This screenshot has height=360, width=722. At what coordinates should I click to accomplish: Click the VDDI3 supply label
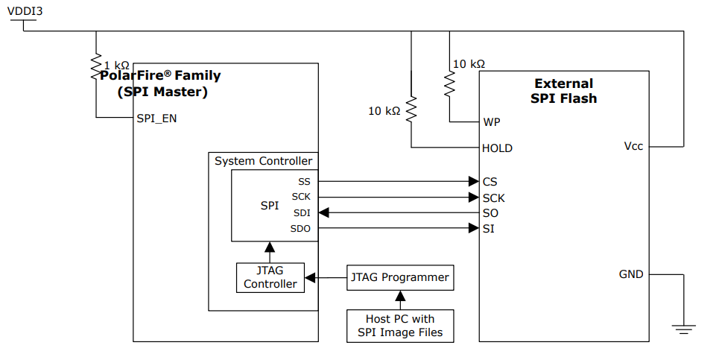pyautogui.click(x=25, y=10)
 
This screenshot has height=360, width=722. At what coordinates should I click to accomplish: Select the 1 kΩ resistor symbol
pyautogui.click(x=96, y=63)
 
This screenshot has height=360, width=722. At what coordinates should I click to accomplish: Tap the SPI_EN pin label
pyautogui.click(x=156, y=118)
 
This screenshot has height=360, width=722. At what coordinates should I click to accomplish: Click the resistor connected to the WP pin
pyautogui.click(x=450, y=83)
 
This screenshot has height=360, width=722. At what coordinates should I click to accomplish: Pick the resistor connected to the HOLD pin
pyautogui.click(x=411, y=110)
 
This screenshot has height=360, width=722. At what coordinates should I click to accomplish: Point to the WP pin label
pyautogui.click(x=492, y=121)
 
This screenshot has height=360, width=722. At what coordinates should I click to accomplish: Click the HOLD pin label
pyautogui.click(x=497, y=148)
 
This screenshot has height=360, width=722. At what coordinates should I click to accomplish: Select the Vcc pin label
pyautogui.click(x=633, y=146)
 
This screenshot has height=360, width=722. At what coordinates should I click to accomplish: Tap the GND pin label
pyautogui.click(x=630, y=274)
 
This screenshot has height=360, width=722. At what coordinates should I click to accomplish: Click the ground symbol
pyautogui.click(x=683, y=326)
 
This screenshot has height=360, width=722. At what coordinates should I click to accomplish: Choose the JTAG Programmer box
pyautogui.click(x=400, y=277)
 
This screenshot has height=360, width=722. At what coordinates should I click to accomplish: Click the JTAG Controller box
pyautogui.click(x=270, y=277)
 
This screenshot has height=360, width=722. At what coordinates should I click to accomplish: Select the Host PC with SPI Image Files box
pyautogui.click(x=400, y=326)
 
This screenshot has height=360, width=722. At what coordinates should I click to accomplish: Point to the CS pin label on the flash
pyautogui.click(x=490, y=181)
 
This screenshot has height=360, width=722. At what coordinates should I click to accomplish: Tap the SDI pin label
pyautogui.click(x=301, y=212)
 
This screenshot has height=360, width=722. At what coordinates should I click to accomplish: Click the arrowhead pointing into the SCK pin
pyautogui.click(x=473, y=198)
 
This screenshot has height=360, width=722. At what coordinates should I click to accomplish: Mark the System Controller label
pyautogui.click(x=263, y=161)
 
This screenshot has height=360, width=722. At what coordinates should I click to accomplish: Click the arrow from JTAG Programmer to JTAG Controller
pyautogui.click(x=326, y=277)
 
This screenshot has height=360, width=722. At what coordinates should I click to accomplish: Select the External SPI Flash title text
pyautogui.click(x=563, y=90)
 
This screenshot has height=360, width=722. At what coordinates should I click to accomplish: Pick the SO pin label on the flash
pyautogui.click(x=490, y=212)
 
